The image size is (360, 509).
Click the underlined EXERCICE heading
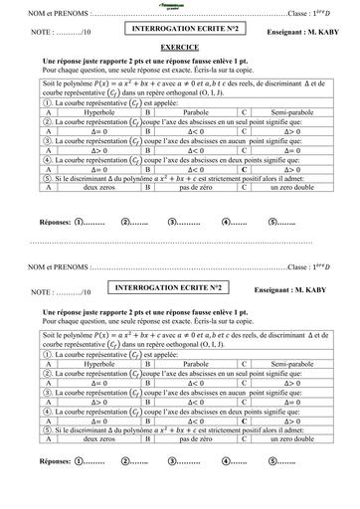click(x=179, y=47)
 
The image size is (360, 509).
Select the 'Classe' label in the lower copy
click(x=299, y=266)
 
